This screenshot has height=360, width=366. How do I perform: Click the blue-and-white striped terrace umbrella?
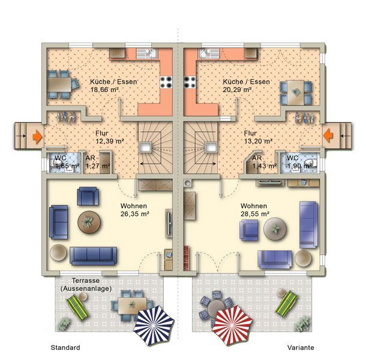[154, 326]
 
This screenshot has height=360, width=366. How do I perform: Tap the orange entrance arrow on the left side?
[38, 137]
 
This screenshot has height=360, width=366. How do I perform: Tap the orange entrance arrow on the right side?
[328, 136]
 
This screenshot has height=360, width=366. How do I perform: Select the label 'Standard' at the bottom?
[65, 347]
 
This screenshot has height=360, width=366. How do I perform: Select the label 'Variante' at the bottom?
[301, 347]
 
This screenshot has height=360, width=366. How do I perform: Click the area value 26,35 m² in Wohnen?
[135, 214]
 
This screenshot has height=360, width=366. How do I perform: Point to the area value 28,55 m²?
[255, 214]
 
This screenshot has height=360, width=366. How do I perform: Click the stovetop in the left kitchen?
[166, 82]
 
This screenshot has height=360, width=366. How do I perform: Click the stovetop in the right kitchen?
[190, 82]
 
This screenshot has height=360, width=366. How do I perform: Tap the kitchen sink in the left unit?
[146, 53]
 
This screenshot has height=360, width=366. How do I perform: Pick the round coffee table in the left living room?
[89, 222]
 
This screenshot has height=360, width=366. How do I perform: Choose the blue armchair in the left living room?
[88, 196]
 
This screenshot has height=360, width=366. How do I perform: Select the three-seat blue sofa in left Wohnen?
[94, 256]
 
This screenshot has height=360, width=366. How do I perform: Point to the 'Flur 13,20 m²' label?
[258, 137]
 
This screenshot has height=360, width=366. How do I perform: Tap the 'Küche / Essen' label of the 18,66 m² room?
[113, 82]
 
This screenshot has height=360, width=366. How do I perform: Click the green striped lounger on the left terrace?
[78, 308]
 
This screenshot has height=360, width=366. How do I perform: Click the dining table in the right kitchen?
[296, 92]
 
